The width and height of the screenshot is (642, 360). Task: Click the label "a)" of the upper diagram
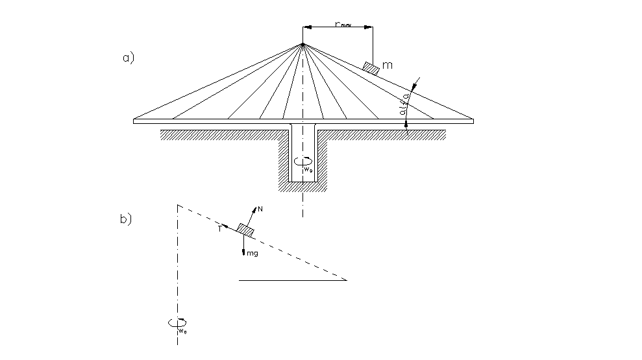coord(128,58)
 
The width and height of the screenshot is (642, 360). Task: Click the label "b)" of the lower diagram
coord(126,219)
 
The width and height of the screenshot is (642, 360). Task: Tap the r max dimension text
coord(343,24)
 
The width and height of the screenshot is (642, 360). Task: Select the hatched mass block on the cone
coord(371,67)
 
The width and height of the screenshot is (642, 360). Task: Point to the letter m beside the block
coord(388,66)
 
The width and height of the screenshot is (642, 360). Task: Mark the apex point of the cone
coord(302,44)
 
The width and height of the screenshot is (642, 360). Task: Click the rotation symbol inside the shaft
coord(302,162)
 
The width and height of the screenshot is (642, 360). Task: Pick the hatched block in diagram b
coord(245,229)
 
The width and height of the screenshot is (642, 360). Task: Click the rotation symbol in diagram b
coord(177,322)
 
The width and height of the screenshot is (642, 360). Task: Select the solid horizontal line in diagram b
coord(292,280)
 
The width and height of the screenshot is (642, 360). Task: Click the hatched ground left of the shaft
coord(221,134)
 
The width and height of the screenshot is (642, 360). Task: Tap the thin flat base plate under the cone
coord(195,121)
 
